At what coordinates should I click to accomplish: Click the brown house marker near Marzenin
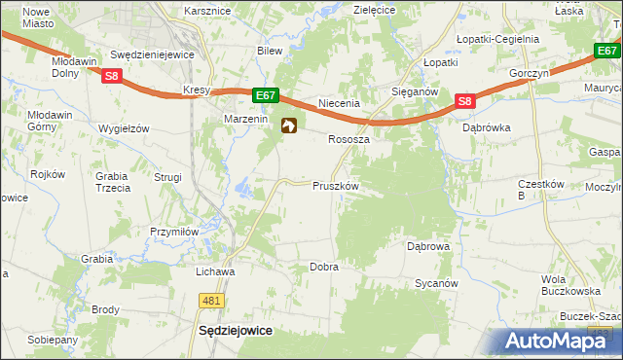click(x=289, y=126)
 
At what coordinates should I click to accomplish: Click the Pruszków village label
click(x=336, y=186)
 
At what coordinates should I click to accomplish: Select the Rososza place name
click(x=348, y=139)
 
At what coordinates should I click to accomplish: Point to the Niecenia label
click(x=341, y=103)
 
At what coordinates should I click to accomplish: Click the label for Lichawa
click(x=216, y=271)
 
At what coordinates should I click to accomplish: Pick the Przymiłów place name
click(x=174, y=232)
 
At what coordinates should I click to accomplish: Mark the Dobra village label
click(x=323, y=267)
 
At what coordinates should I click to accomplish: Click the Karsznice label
click(x=207, y=11)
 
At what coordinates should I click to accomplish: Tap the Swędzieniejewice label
click(x=153, y=55)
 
